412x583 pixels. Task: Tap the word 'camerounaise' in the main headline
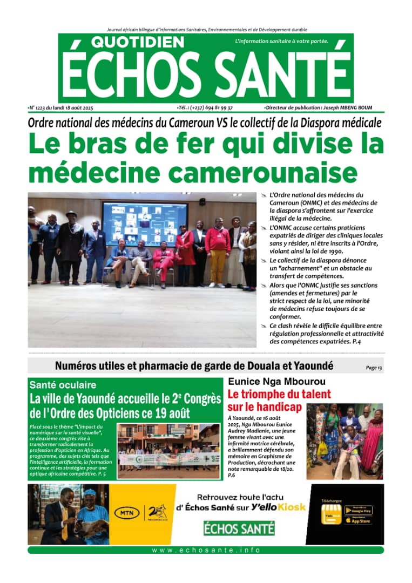(x=262, y=173)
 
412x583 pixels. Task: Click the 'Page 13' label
(x=374, y=368)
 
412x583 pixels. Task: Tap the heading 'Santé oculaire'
(x=63, y=385)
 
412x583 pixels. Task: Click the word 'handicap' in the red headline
(x=273, y=407)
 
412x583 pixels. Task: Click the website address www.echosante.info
(x=206, y=550)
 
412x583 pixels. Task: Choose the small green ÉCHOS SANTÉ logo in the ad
(x=239, y=528)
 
